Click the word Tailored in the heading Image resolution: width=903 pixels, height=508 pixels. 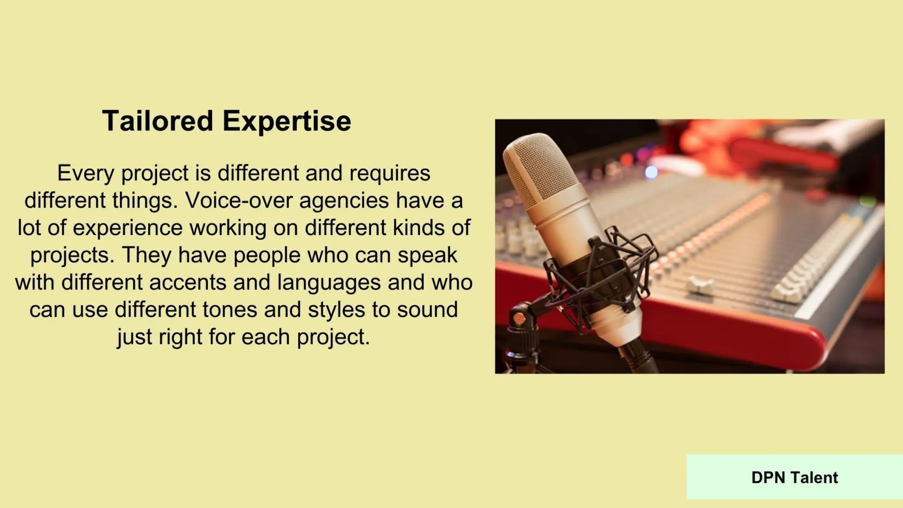pyautogui.click(x=157, y=121)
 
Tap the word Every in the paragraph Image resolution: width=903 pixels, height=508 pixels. pyautogui.click(x=86, y=173)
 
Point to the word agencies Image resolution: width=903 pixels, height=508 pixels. pyautogui.click(x=344, y=200)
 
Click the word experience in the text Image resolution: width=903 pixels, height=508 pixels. pyautogui.click(x=127, y=228)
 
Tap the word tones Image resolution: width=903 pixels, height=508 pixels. pyautogui.click(x=230, y=310)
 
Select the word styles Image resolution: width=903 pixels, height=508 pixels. pyautogui.click(x=336, y=310)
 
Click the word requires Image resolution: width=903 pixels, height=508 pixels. pyautogui.click(x=390, y=173)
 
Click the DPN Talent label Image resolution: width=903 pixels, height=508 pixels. pyautogui.click(x=795, y=478)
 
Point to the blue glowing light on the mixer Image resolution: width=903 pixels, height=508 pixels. pyautogui.click(x=651, y=172)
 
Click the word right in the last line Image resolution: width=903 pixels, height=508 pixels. pyautogui.click(x=180, y=337)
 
